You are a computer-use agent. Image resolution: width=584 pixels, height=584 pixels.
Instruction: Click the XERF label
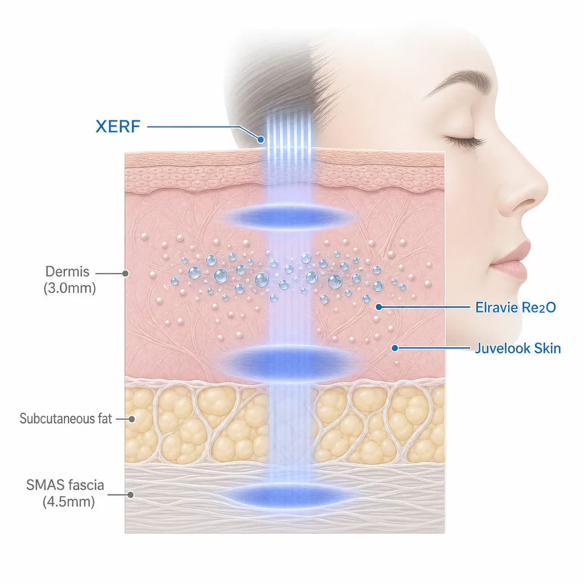pos(117,126)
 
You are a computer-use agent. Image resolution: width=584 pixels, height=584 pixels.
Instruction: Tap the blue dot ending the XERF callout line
pos(261,140)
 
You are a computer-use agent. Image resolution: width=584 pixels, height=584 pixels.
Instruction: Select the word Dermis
pos(67,271)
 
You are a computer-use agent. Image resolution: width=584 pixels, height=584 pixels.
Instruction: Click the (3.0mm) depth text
pos(70,288)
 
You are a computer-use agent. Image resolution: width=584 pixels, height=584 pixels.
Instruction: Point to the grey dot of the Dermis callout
pos(125,273)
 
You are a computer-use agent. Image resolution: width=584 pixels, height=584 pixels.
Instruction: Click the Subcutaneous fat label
pos(66,419)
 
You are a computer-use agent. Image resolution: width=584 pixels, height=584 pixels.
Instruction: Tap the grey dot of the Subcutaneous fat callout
pos(132,419)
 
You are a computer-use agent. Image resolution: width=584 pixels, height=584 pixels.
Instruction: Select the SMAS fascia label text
pos(65,485)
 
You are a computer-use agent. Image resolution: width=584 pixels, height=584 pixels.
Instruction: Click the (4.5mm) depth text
pos(69,502)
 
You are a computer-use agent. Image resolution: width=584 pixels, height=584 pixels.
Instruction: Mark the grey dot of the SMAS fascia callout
pos(131,494)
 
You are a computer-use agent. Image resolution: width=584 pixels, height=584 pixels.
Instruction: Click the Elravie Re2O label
pos(516,307)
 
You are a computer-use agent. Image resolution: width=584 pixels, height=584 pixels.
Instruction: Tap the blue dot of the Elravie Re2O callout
pos(379,307)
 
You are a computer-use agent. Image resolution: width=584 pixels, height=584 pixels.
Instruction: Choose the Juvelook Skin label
pos(518,348)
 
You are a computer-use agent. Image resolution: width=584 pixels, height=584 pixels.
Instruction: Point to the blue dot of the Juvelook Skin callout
pos(395,348)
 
